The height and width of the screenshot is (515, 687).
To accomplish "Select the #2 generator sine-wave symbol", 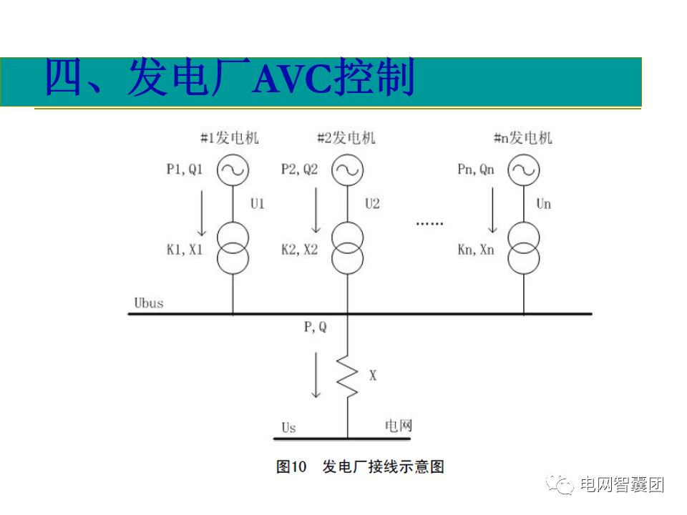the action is (x=348, y=170).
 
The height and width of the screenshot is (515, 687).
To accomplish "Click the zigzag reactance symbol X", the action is (x=348, y=376).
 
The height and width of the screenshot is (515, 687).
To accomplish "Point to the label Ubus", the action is (x=149, y=303).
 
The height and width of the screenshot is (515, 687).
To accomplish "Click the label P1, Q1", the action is (x=185, y=170).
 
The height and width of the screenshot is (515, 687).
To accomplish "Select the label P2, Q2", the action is (x=299, y=170).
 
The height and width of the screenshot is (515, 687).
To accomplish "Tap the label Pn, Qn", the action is (x=476, y=170).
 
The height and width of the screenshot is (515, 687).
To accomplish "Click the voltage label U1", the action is (x=258, y=204).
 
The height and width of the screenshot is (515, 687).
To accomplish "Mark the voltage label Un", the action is (x=544, y=204).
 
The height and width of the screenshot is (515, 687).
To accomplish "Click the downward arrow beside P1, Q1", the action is (x=202, y=212).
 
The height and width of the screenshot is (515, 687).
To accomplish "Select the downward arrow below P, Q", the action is (x=316, y=375).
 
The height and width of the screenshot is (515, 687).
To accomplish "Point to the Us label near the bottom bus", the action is (x=288, y=428).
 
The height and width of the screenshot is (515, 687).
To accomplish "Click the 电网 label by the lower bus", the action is (x=399, y=426).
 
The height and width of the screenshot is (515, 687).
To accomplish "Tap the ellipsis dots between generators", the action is (x=430, y=224).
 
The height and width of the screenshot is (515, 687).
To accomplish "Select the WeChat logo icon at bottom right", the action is (x=560, y=484).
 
